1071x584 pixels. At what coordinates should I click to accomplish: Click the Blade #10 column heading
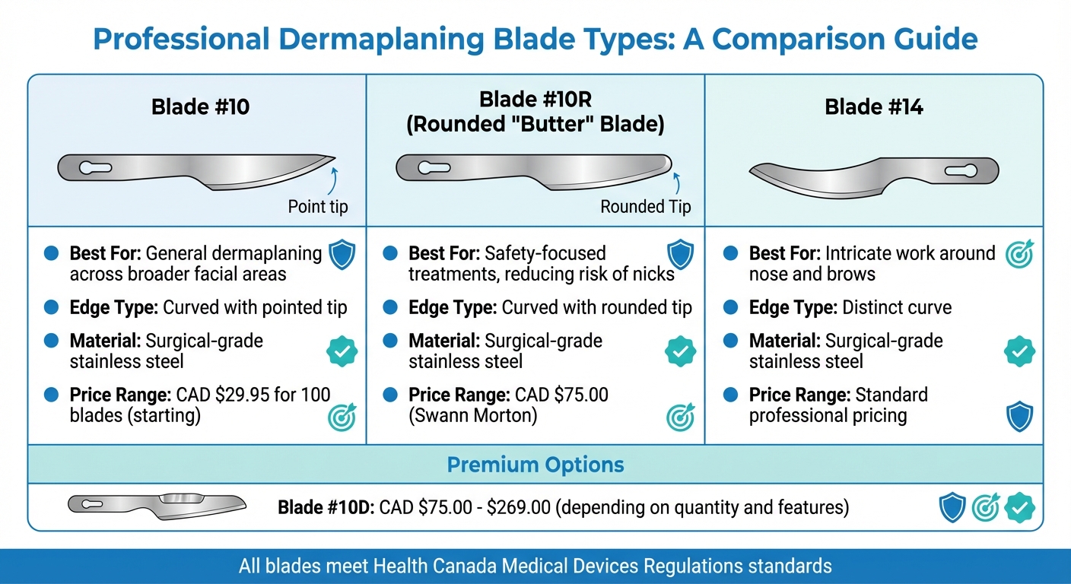(200, 107)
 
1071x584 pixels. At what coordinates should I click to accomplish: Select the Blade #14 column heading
(874, 107)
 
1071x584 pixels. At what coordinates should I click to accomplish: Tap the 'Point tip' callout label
(318, 206)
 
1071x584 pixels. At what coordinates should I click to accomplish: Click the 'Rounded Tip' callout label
(645, 206)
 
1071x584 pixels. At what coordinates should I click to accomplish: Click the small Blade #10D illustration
(157, 506)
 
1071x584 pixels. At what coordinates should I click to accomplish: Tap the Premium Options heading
(535, 465)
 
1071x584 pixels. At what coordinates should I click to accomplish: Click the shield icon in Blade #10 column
(342, 255)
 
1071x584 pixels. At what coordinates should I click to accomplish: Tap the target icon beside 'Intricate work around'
(1019, 255)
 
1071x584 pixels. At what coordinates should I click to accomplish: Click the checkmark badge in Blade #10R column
(679, 351)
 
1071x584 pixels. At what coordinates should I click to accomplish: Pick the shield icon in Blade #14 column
(1019, 416)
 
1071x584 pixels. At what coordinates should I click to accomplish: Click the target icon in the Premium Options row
(986, 507)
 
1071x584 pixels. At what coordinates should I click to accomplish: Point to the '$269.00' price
(518, 507)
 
